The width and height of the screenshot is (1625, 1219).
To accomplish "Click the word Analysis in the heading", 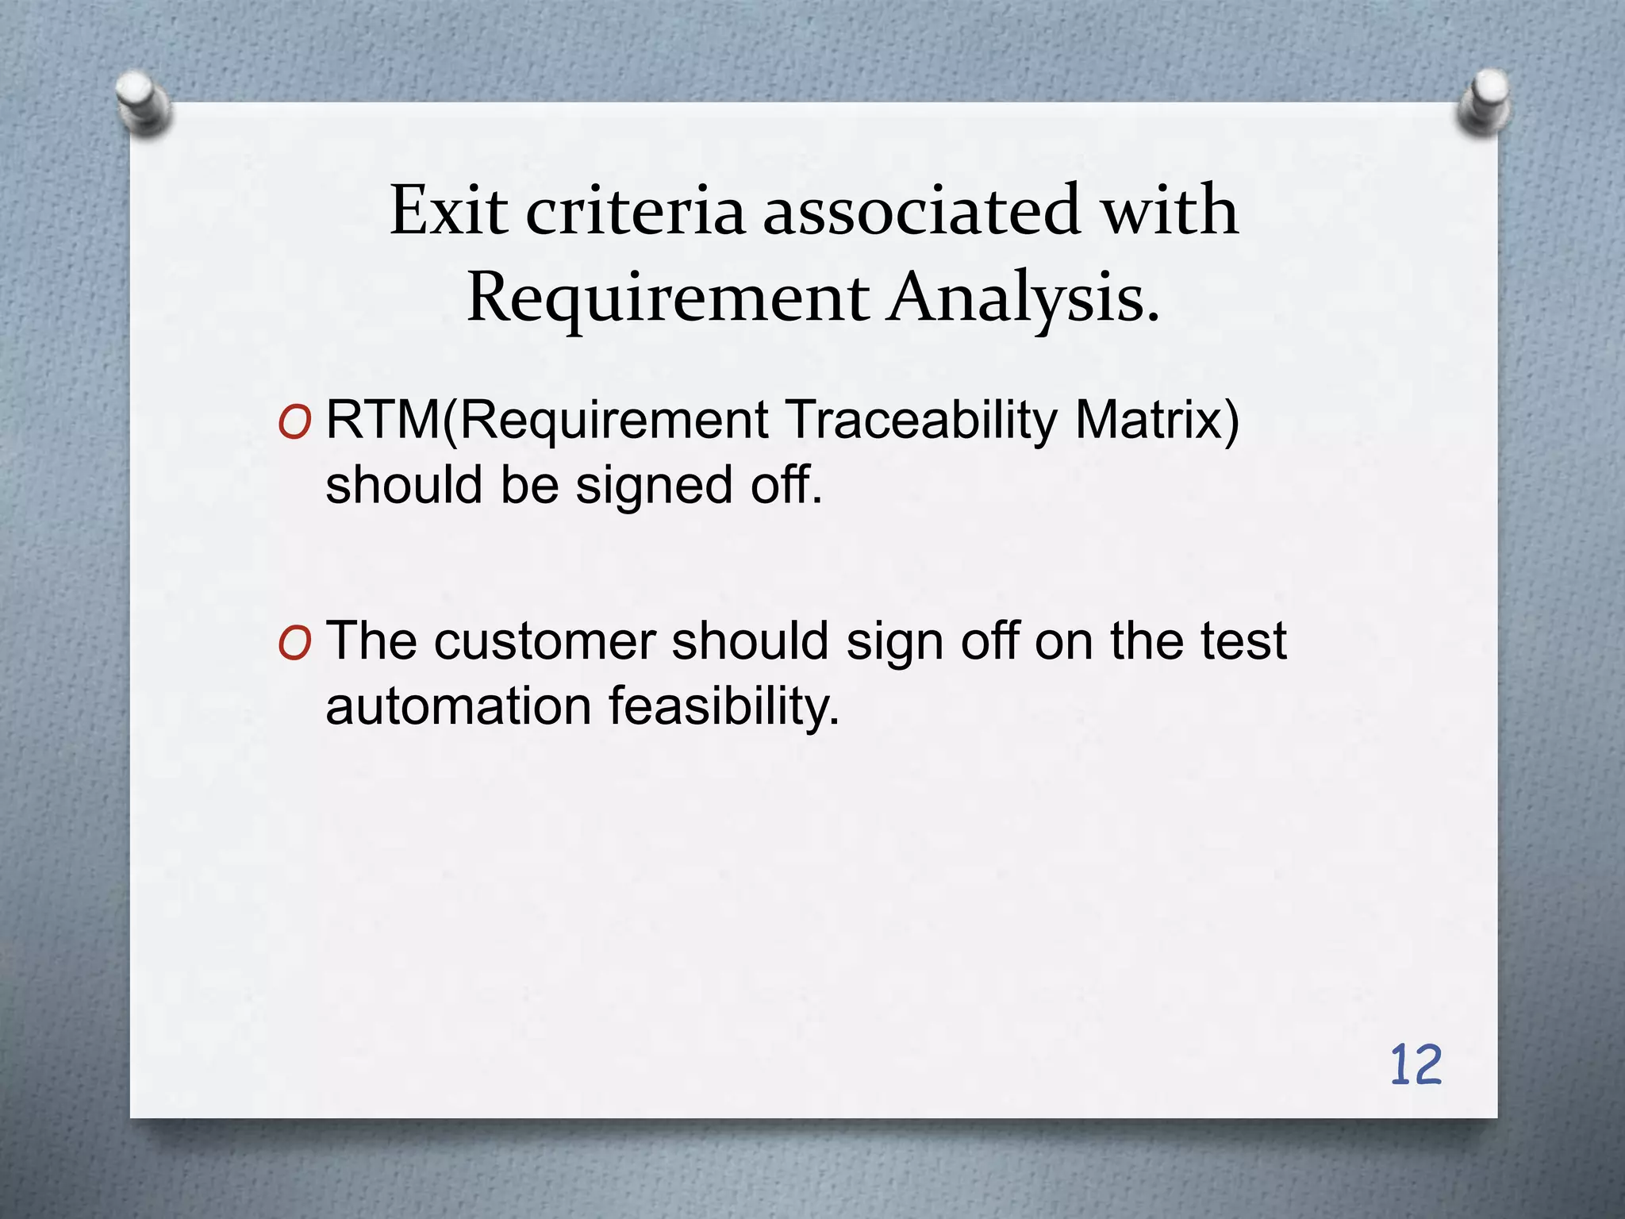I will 1024,298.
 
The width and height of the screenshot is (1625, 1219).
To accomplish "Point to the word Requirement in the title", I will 668,298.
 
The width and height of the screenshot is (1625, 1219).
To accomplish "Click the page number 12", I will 1416,1065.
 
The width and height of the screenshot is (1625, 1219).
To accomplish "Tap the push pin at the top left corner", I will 143,103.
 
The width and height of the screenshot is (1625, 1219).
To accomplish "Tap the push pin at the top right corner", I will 1484,103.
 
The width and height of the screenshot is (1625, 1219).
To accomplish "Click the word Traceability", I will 921,420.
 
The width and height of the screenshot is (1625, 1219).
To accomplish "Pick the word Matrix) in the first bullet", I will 1157,420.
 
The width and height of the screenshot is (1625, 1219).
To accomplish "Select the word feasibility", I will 724,706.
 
